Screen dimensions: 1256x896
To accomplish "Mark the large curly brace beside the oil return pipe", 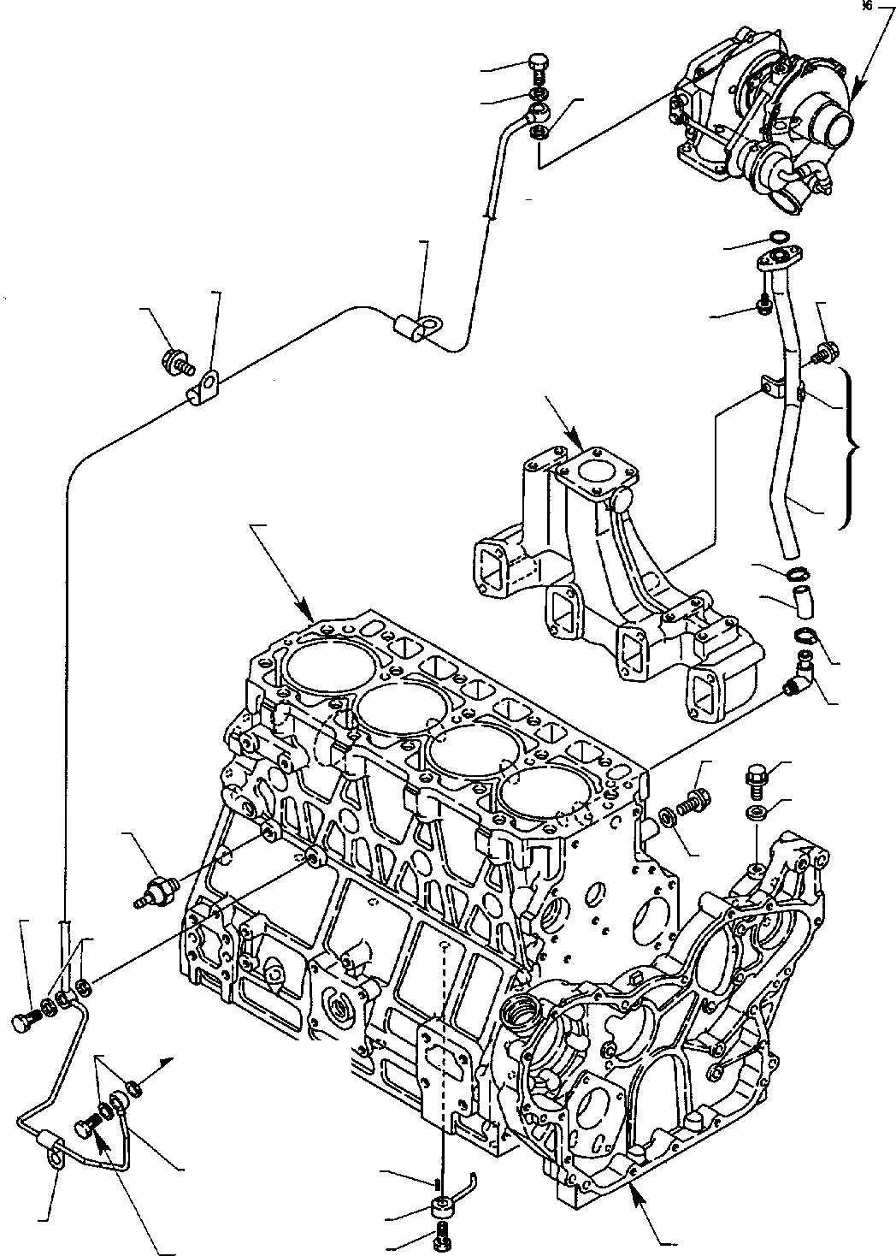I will point(851,448).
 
